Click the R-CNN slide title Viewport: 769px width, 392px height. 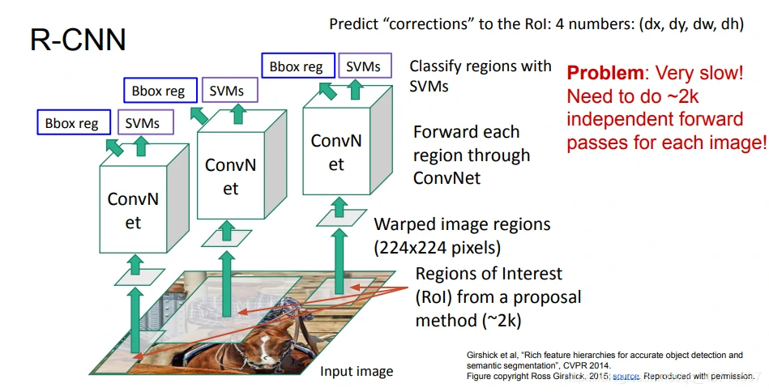78,39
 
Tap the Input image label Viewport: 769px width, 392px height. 357,372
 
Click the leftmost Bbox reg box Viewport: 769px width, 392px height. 72,123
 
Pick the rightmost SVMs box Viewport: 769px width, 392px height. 363,66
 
